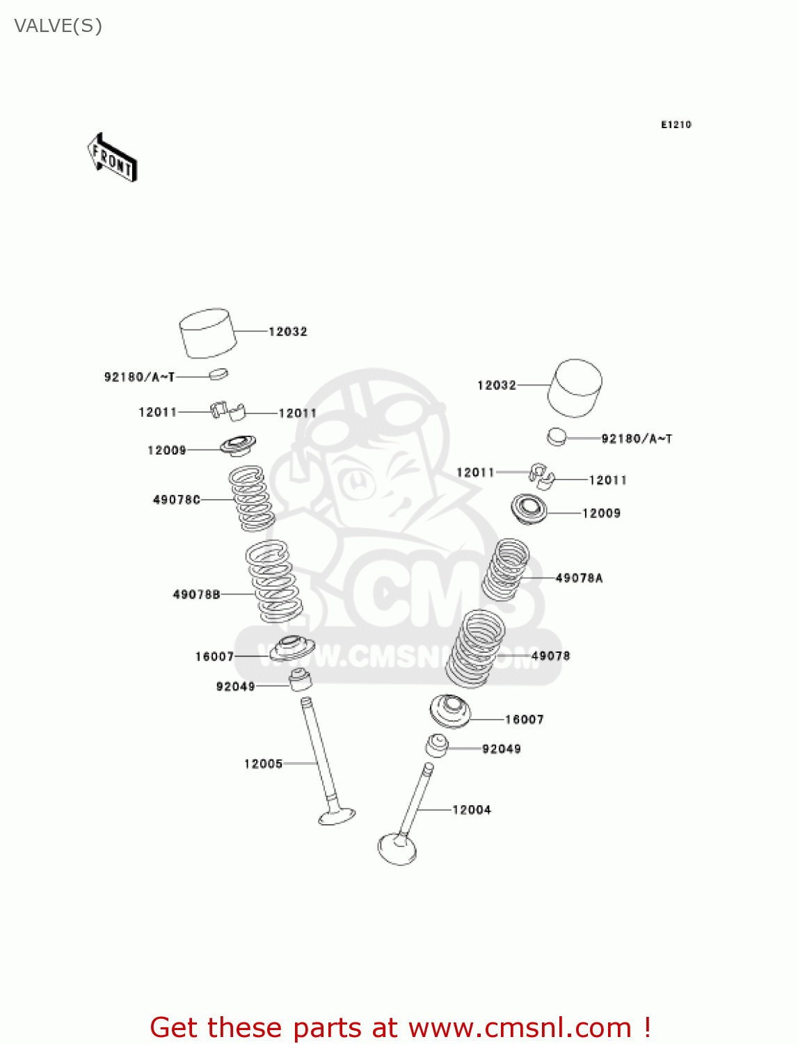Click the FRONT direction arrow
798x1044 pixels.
click(112, 157)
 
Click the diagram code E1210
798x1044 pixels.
click(676, 125)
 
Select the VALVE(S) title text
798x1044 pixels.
click(58, 26)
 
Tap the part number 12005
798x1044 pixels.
click(263, 764)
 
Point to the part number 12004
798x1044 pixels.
click(471, 809)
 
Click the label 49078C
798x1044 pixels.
click(176, 500)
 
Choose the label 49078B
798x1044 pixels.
click(196, 594)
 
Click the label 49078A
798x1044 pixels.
click(579, 578)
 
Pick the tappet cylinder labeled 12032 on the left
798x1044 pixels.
click(207, 333)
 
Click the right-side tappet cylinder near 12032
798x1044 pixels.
click(575, 388)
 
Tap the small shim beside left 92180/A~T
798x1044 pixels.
click(218, 374)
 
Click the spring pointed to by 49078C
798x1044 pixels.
click(252, 498)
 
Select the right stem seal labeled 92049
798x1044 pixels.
click(437, 745)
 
